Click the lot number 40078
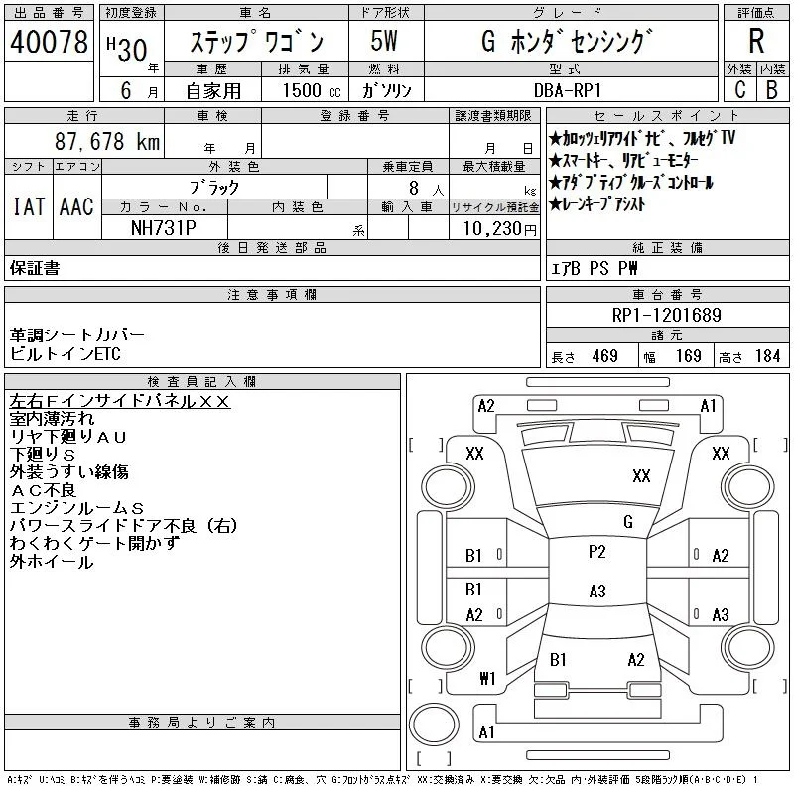(x=49, y=42)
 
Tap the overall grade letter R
(x=756, y=41)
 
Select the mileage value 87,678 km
(x=107, y=141)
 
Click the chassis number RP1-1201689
(x=666, y=315)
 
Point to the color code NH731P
(x=164, y=228)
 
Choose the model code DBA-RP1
(x=567, y=90)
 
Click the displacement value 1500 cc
(x=312, y=90)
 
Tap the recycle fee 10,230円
(x=499, y=229)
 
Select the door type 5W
(x=384, y=41)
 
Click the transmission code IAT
(x=29, y=206)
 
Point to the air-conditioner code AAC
(x=76, y=206)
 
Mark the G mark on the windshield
(x=628, y=522)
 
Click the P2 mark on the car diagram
(x=597, y=552)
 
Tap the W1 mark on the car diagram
(x=487, y=678)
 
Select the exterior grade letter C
(x=739, y=89)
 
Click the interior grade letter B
(x=772, y=89)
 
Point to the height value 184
(x=767, y=356)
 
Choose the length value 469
(x=605, y=356)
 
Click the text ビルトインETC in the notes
(x=65, y=354)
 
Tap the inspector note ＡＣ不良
(x=43, y=490)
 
